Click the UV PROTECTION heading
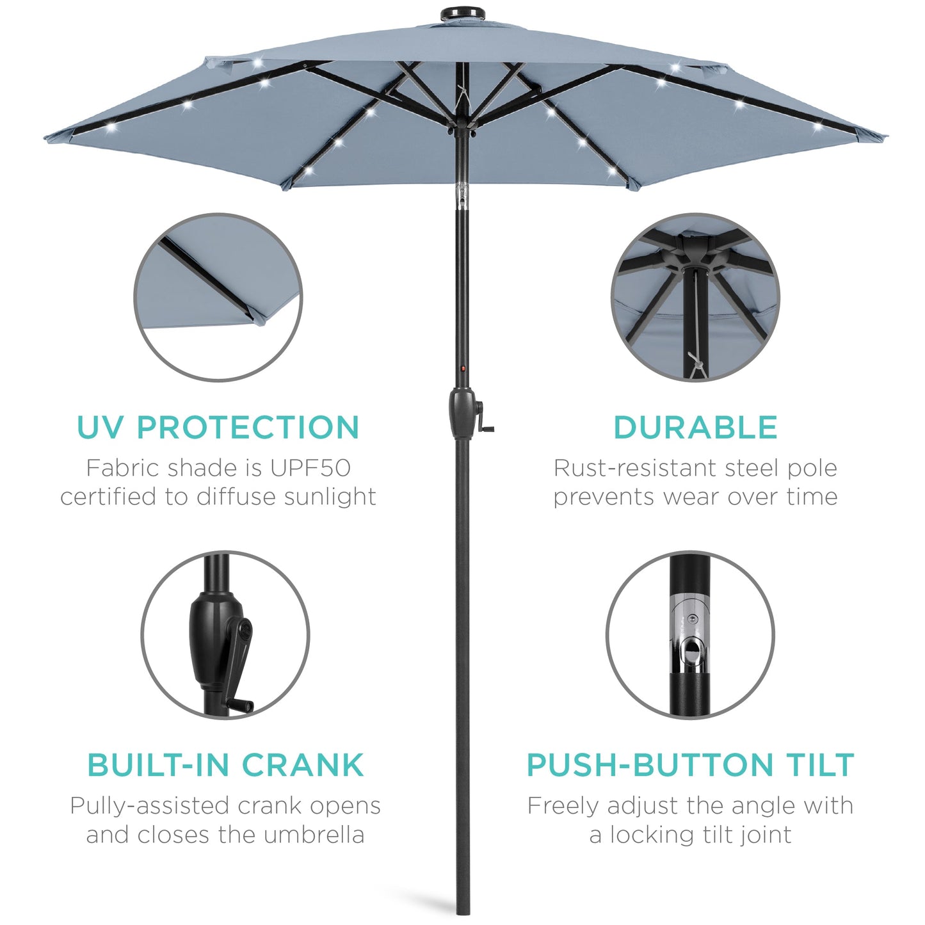pos(218,428)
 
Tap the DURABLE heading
pos(695,428)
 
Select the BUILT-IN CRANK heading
pos(225,765)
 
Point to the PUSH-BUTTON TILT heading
pos(690,765)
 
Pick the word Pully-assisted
pos(149,806)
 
